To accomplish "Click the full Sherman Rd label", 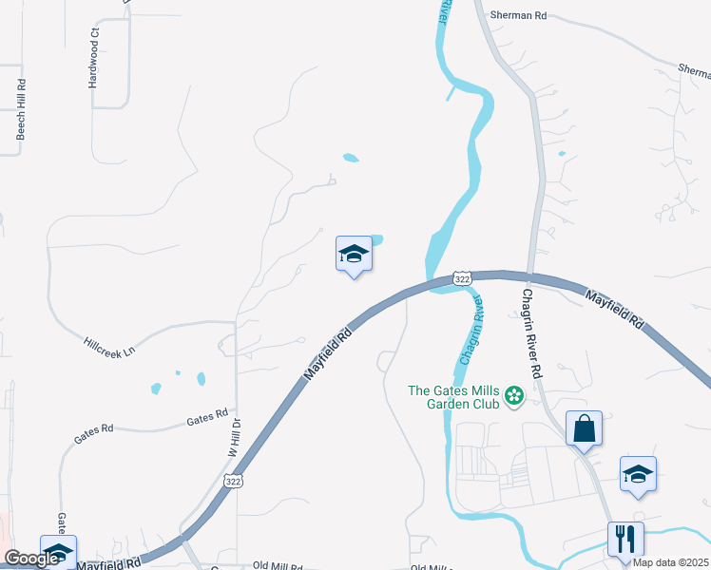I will click(520, 15).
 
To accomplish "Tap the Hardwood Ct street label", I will click(94, 58).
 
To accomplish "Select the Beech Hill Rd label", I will click(20, 118).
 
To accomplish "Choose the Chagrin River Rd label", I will click(529, 333).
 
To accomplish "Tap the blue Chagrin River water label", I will click(472, 332).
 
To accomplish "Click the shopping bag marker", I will click(584, 428).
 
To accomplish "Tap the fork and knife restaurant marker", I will click(625, 539).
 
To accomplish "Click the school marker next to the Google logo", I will click(58, 552).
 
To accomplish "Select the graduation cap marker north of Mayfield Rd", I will click(354, 254).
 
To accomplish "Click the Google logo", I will click(31, 559).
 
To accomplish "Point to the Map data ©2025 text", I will click(670, 562).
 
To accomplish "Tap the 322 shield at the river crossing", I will click(462, 278).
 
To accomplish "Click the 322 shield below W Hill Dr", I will click(233, 483).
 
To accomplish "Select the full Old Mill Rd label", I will click(279, 565).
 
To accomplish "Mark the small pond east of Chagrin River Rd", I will click(562, 153).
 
